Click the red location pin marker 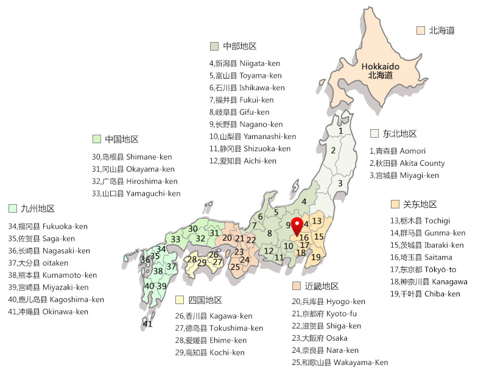tap(297, 225)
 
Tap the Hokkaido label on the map tap(380, 71)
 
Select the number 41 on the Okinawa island tap(148, 324)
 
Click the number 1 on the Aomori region tap(341, 130)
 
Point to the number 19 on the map tap(315, 257)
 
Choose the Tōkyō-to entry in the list tap(423, 269)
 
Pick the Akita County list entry tap(407, 163)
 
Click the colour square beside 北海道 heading tap(420, 30)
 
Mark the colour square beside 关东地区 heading tap(395, 204)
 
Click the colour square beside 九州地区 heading tap(12, 208)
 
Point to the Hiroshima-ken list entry tap(135, 181)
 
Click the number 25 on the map tap(235, 266)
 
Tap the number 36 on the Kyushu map tap(145, 260)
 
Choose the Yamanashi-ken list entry tap(253, 137)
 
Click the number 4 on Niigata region tap(304, 201)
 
